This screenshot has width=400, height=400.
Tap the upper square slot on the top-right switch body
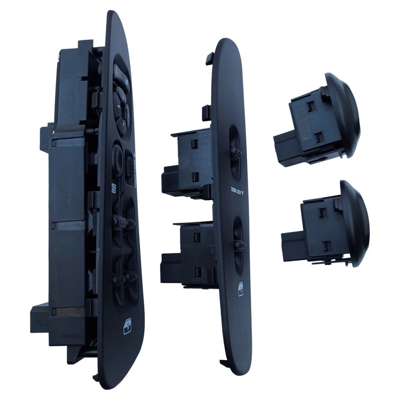point(310,105)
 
